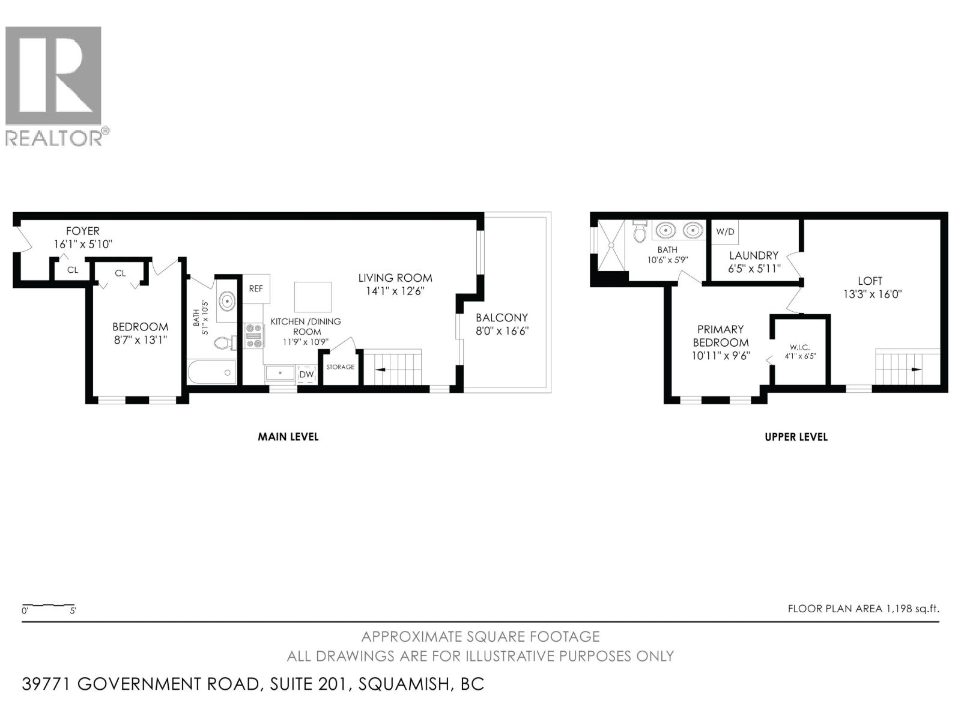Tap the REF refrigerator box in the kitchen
click(x=256, y=288)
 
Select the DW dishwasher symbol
click(x=306, y=374)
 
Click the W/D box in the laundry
click(x=725, y=231)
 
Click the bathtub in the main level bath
click(x=212, y=373)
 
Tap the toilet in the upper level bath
click(x=639, y=231)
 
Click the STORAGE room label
click(x=341, y=367)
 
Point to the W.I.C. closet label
click(x=801, y=347)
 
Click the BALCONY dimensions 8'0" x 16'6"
click(x=502, y=331)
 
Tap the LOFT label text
click(x=870, y=281)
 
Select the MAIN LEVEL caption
click(x=288, y=437)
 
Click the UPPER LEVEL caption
click(x=796, y=437)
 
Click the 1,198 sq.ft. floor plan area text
click(x=912, y=609)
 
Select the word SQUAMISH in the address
click(x=402, y=684)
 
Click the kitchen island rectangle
click(x=313, y=297)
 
